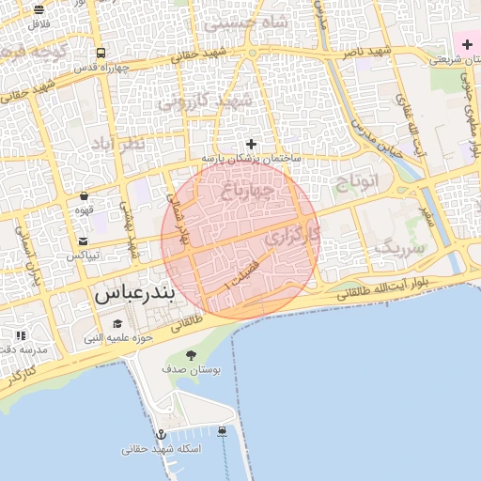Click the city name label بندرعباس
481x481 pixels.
pyautogui.click(x=134, y=294)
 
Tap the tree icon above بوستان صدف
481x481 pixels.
pyautogui.click(x=192, y=355)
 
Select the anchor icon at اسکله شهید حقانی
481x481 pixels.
pyautogui.click(x=161, y=434)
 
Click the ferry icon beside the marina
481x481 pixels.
pyautogui.click(x=222, y=431)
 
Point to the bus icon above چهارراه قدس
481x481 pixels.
pyautogui.click(x=101, y=53)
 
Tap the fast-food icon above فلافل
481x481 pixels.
pyautogui.click(x=39, y=8)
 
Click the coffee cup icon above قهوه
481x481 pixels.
pyautogui.click(x=85, y=196)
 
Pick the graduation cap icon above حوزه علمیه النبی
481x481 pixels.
pyautogui.click(x=116, y=323)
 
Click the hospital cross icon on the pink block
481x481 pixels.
pyautogui.click(x=467, y=44)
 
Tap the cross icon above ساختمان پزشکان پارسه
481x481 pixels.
pyautogui.click(x=251, y=144)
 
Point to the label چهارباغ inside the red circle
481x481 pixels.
pyautogui.click(x=248, y=192)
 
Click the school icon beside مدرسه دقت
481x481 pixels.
pyautogui.click(x=21, y=335)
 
